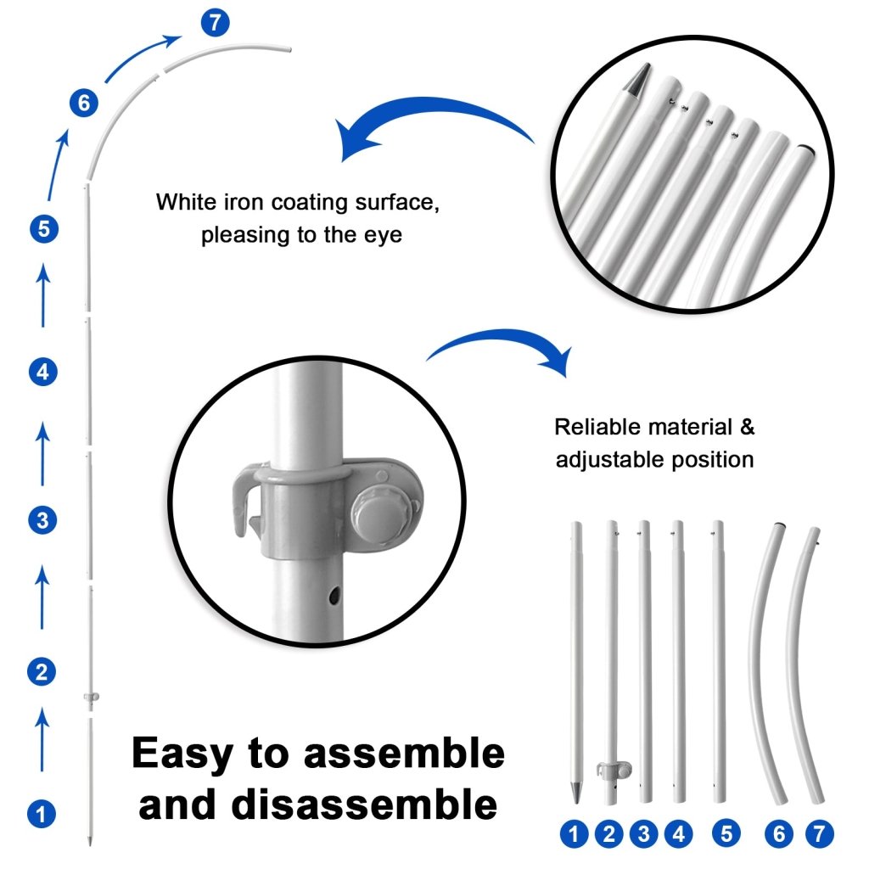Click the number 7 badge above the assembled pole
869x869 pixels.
tap(215, 23)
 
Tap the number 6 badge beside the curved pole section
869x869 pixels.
tap(84, 103)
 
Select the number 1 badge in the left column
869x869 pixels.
tap(42, 814)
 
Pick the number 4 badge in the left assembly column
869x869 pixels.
tap(43, 372)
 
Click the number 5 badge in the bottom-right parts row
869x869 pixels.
tap(726, 834)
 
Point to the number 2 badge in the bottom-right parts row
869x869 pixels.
tap(609, 834)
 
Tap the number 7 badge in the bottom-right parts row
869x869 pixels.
tap(819, 834)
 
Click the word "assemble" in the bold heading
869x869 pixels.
tap(404, 754)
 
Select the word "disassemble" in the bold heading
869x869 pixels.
tap(365, 805)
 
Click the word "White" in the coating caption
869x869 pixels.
tap(186, 202)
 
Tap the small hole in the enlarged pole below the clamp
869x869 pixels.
tap(334, 597)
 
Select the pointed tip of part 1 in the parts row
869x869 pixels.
tap(576, 793)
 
